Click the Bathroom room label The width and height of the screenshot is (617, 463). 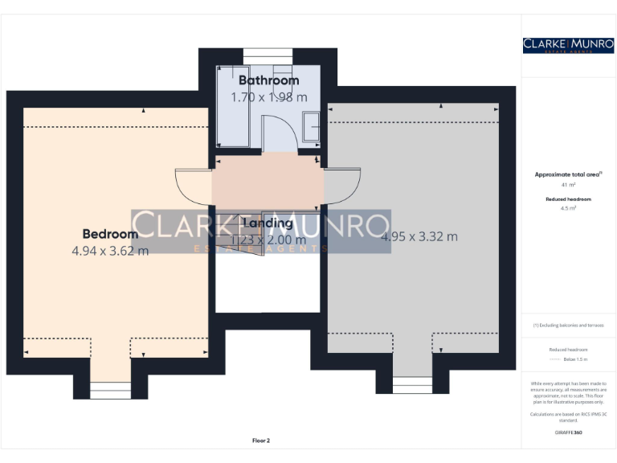coord(268,80)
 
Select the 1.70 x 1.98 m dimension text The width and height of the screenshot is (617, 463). coord(268,97)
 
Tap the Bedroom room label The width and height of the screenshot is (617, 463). coord(110,234)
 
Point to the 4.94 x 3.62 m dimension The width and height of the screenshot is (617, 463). coord(110,251)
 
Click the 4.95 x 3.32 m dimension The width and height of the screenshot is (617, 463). coord(419,236)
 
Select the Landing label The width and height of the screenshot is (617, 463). coord(268,223)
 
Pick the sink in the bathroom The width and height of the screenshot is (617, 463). coord(310,126)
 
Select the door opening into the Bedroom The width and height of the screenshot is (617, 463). coord(194,186)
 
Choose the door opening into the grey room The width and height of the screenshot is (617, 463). coord(341,186)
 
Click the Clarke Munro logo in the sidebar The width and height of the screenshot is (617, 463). coord(568,45)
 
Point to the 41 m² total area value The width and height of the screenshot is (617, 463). coord(568,185)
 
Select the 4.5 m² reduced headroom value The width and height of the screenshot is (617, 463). coord(568,208)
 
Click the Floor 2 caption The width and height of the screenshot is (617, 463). coord(261,440)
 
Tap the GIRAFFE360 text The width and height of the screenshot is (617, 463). coord(568,432)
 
